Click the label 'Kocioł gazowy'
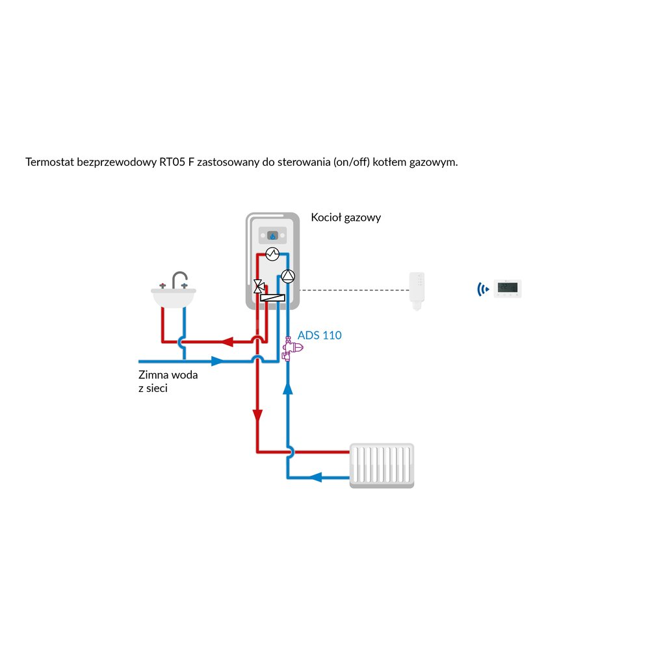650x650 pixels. [x=346, y=218]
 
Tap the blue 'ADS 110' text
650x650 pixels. [x=319, y=335]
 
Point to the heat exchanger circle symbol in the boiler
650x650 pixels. [x=272, y=253]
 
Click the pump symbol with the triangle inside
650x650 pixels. [x=288, y=276]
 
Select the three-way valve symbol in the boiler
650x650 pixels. [x=258, y=285]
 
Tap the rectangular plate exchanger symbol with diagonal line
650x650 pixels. [x=272, y=298]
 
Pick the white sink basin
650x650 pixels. [x=173, y=298]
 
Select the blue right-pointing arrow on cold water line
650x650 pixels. [x=219, y=361]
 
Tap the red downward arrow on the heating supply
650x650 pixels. [x=257, y=415]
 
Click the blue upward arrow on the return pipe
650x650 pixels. [x=288, y=389]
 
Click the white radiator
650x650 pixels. [x=382, y=465]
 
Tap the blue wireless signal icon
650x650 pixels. [x=482, y=289]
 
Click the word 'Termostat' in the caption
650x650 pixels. [x=49, y=162]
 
